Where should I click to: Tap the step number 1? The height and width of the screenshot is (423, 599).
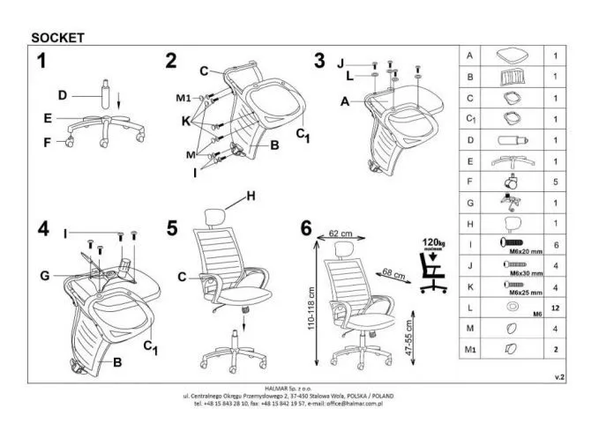pos(41,62)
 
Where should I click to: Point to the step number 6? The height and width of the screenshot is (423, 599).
pos(306,228)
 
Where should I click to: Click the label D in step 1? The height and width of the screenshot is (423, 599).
pos(63,94)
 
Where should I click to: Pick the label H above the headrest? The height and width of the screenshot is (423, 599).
pos(251,197)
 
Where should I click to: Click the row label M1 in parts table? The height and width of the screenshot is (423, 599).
pos(470,350)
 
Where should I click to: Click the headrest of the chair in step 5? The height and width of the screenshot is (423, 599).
pos(217,214)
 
